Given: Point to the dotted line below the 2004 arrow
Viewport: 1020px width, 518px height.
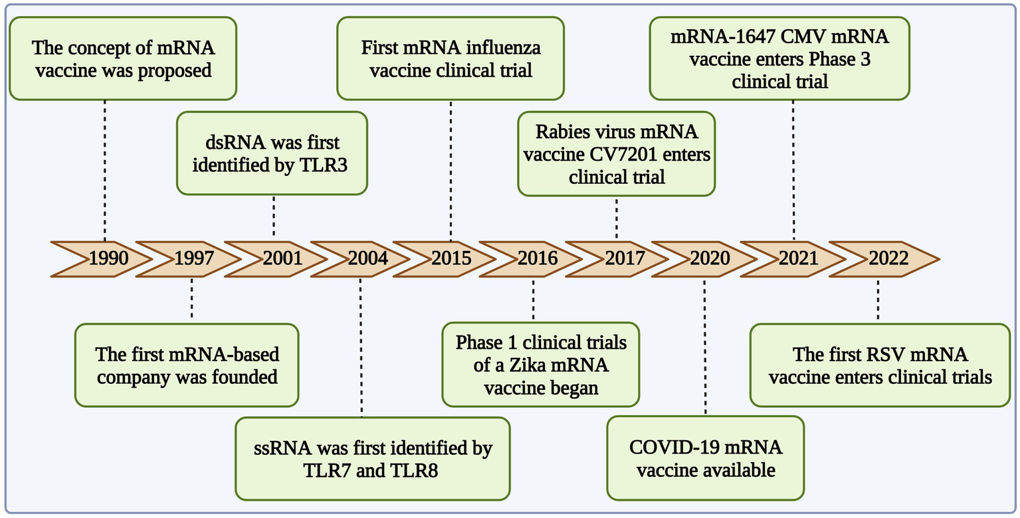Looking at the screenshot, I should coord(361,345).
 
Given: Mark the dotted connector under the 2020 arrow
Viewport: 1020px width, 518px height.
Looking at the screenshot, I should coord(705,345).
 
